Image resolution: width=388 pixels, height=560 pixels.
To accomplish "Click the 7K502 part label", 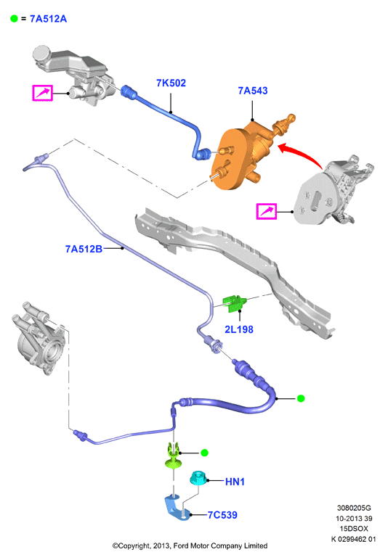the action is [x=171, y=83].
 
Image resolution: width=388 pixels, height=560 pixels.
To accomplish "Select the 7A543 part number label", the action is [x=253, y=91].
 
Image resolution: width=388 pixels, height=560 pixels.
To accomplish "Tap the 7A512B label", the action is [x=84, y=249].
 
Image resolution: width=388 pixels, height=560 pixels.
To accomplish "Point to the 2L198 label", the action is [x=239, y=329].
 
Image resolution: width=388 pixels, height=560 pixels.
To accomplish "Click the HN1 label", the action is [x=235, y=482].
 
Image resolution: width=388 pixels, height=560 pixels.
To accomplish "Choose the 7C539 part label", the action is [x=222, y=515].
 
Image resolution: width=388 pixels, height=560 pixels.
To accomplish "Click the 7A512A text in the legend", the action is [x=48, y=19].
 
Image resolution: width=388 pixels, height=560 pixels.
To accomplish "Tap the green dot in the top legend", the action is [x=14, y=19].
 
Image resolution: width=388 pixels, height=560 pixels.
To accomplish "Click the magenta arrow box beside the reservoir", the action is [x=43, y=93].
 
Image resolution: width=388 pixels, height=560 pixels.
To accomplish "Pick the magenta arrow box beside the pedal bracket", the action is [x=267, y=211].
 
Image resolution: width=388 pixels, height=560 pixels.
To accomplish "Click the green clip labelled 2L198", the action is [x=235, y=303].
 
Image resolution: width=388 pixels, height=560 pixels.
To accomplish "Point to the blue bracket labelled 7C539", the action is [x=177, y=508].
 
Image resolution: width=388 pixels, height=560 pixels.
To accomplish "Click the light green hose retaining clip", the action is [x=173, y=456].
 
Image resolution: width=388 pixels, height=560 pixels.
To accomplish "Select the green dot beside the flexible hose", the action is [x=301, y=398].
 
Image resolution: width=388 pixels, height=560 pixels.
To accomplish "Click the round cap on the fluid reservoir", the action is [x=41, y=54].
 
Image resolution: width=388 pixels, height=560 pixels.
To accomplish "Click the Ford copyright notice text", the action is [x=190, y=545].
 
